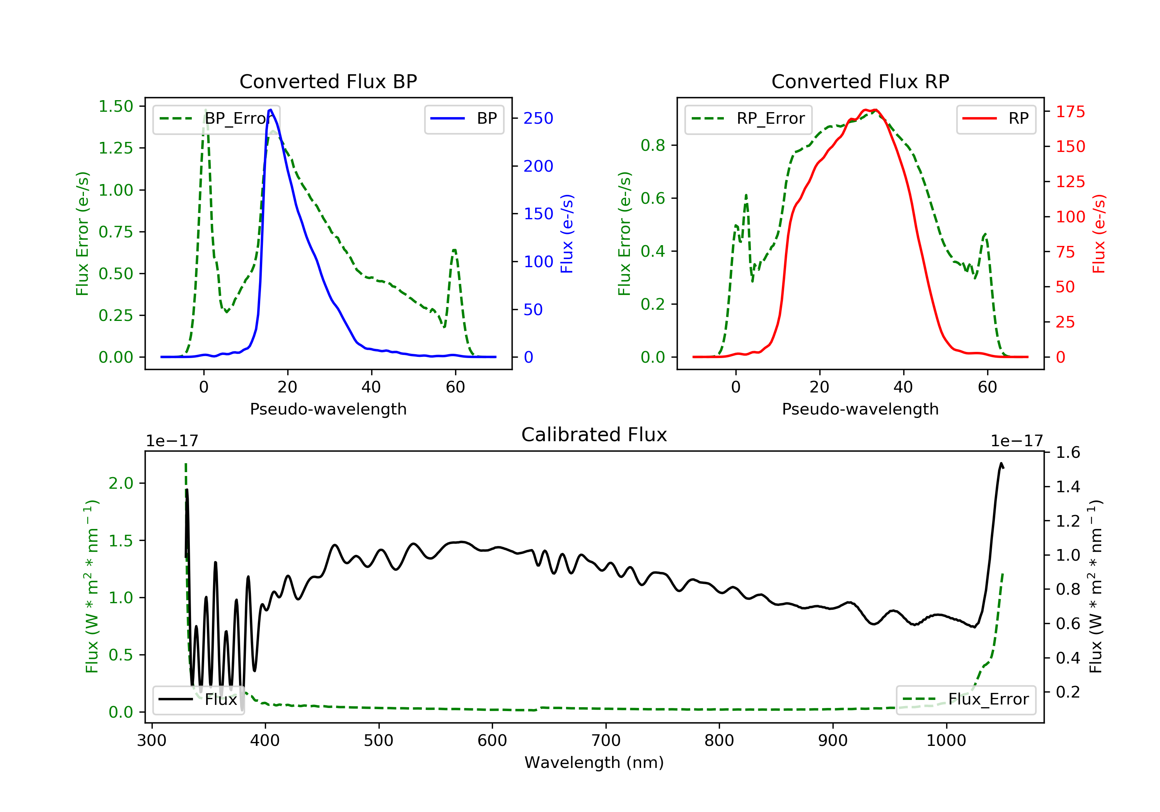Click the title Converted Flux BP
click(328, 81)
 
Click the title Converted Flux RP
click(860, 81)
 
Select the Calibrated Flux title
click(594, 435)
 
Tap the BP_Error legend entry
click(216, 119)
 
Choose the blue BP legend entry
click(464, 118)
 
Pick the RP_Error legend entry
click(748, 119)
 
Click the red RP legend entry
click(996, 118)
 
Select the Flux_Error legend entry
click(966, 699)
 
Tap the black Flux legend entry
click(198, 699)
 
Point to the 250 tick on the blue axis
click(538, 118)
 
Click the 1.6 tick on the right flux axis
click(1068, 452)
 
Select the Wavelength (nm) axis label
click(594, 763)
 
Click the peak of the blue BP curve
click(271, 110)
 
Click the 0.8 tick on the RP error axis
click(653, 145)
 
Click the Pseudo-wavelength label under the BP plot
click(328, 409)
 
